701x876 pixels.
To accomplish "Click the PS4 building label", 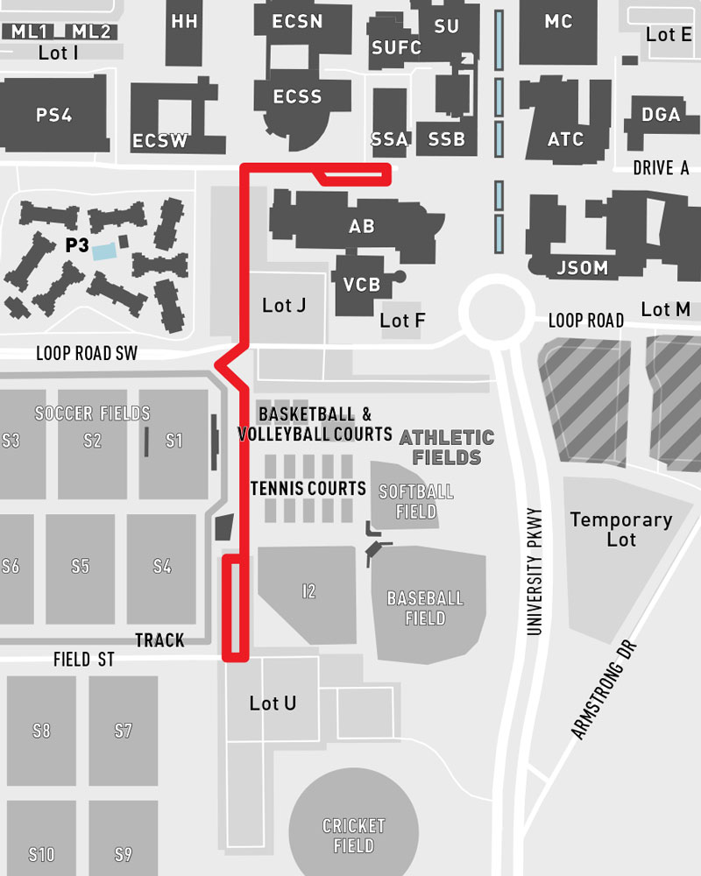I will (x=54, y=115).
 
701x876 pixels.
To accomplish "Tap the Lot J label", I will (x=284, y=306).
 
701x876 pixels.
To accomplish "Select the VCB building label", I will (x=361, y=285).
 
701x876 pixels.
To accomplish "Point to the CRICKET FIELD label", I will (x=354, y=836).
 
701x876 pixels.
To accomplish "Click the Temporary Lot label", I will (x=621, y=529).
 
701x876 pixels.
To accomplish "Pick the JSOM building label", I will (x=583, y=268).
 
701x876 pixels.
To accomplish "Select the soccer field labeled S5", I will (x=80, y=566).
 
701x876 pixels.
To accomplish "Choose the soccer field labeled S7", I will (x=123, y=730).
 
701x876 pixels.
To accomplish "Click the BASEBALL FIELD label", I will (x=425, y=609).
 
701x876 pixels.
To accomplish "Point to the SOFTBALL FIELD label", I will (x=416, y=501).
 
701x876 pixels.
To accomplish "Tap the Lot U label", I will (x=273, y=703).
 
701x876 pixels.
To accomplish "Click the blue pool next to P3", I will (x=104, y=251).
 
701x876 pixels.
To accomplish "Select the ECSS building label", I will (x=297, y=97).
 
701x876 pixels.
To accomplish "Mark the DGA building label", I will (x=661, y=115).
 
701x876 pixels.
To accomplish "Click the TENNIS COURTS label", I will (x=308, y=488).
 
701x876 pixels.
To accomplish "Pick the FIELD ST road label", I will (x=83, y=660).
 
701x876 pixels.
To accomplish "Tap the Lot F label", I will (x=402, y=321).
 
